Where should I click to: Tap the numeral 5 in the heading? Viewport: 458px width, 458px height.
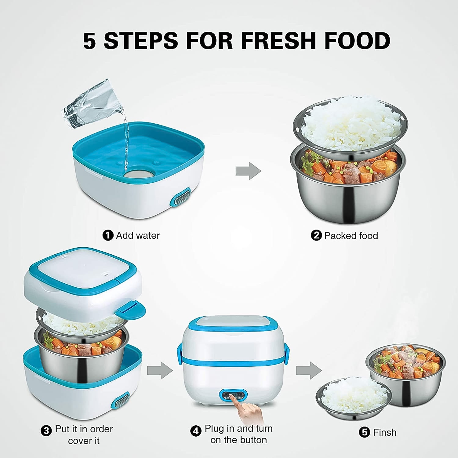coord(89,41)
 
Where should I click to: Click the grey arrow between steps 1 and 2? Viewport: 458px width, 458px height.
coord(248,171)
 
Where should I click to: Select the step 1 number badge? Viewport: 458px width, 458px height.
coord(107,235)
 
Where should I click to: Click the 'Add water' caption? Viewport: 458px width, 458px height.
coord(138,235)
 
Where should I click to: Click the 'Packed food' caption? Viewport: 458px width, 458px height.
coord(351,236)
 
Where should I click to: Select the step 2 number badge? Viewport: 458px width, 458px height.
coord(316,235)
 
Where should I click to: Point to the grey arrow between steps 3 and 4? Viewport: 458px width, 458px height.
coord(160,370)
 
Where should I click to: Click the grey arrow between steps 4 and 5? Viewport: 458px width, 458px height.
coord(309,370)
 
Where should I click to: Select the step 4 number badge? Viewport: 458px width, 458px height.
coord(196,431)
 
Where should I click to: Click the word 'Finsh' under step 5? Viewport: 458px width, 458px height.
coord(384,432)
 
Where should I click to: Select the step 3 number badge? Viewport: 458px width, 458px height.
coord(46,431)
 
